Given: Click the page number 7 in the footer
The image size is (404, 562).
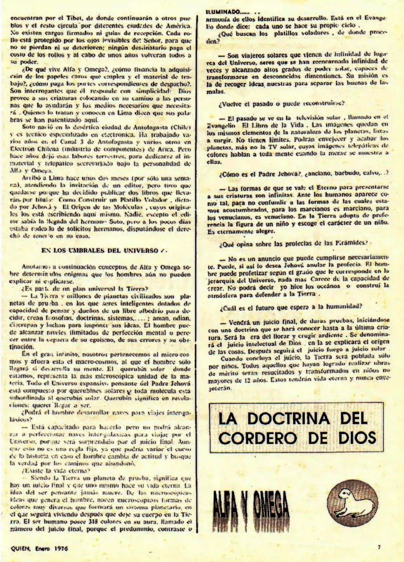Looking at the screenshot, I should click(378, 547).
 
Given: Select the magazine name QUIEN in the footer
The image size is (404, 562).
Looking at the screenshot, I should click(21, 547).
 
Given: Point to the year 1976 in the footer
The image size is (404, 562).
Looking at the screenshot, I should click(60, 547).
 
